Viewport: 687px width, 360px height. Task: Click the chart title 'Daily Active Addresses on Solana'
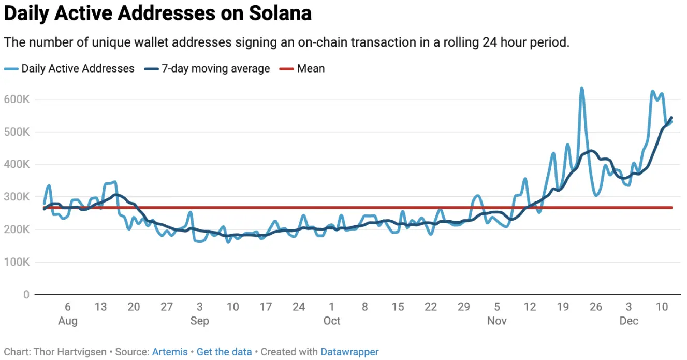tap(157, 14)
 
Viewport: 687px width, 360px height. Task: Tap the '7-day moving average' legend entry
tap(215, 68)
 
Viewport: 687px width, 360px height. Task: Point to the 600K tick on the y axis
tap(18, 99)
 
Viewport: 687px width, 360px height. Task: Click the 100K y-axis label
tap(18, 262)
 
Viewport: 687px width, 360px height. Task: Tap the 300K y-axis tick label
tap(18, 197)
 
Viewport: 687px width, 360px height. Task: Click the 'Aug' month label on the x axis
tap(68, 321)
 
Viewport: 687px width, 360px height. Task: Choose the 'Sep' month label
tap(200, 321)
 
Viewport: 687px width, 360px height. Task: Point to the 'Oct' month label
tap(332, 321)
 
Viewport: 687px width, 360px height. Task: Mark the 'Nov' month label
tap(497, 321)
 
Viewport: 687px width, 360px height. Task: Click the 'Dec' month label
tap(629, 321)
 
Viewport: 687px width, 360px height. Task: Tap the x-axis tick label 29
tap(464, 307)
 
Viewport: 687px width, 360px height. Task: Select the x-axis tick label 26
tap(596, 307)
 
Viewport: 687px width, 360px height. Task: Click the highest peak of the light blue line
tap(582, 88)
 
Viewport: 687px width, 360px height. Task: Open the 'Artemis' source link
tap(170, 352)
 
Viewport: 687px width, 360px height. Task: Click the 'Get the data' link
tap(224, 352)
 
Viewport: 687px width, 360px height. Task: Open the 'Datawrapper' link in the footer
tap(349, 352)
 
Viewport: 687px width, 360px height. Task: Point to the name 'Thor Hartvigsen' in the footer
tap(70, 352)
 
